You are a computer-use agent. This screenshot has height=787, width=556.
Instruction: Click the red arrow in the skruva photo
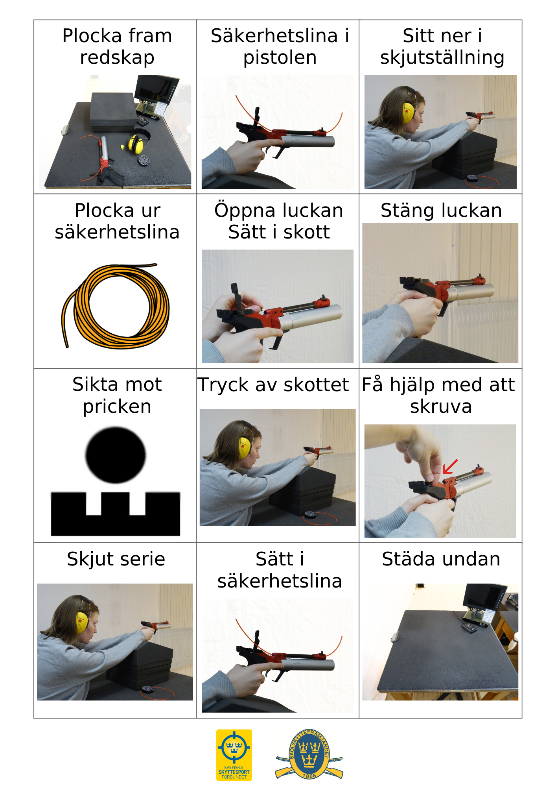(x=449, y=467)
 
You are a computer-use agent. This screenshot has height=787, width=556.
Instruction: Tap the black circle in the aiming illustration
(x=116, y=455)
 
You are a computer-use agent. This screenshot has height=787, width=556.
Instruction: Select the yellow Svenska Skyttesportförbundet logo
(x=234, y=755)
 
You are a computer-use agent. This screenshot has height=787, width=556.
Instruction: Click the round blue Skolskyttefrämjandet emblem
(x=309, y=754)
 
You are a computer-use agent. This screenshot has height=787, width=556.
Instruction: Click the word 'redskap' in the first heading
(x=117, y=57)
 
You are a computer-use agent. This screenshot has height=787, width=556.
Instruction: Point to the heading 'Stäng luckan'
(x=441, y=211)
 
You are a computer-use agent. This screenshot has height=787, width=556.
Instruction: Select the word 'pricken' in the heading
(x=117, y=406)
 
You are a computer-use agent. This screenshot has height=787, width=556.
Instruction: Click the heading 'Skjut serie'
(x=116, y=559)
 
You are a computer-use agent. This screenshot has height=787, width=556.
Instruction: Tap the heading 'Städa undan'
(x=441, y=559)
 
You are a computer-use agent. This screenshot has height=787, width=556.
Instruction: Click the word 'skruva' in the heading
(x=441, y=406)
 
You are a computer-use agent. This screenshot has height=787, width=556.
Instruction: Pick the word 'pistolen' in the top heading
(x=280, y=57)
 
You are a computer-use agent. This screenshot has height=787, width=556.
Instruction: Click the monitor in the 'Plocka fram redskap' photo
(x=156, y=89)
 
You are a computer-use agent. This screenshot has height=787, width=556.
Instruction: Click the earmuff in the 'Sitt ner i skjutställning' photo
(x=408, y=112)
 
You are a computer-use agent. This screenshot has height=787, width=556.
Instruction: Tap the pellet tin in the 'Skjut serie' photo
(x=148, y=689)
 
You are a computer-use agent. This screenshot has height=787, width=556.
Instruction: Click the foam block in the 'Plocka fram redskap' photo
(x=114, y=112)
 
